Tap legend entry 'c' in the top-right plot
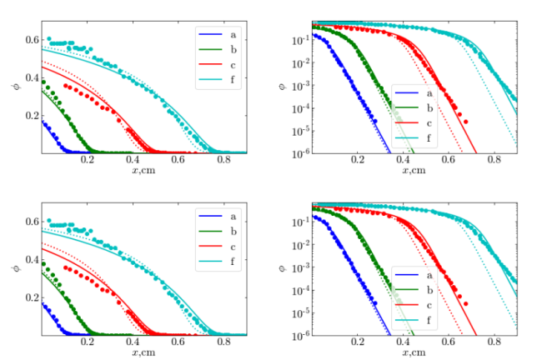[414, 123]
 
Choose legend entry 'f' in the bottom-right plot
[414, 320]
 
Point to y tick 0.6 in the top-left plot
[33, 40]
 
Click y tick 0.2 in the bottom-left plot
[33, 297]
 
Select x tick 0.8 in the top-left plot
[223, 160]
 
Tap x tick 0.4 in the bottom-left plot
[133, 342]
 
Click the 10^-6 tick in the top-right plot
[300, 153]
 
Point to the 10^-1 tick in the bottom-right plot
[300, 222]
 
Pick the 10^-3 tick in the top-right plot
[300, 86]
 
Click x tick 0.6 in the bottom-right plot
[449, 342]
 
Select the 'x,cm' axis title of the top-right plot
[414, 170]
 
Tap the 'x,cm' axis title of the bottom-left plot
[143, 352]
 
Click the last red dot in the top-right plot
[465, 122]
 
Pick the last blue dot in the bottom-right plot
[375, 303]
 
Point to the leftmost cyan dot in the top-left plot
[48, 38]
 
